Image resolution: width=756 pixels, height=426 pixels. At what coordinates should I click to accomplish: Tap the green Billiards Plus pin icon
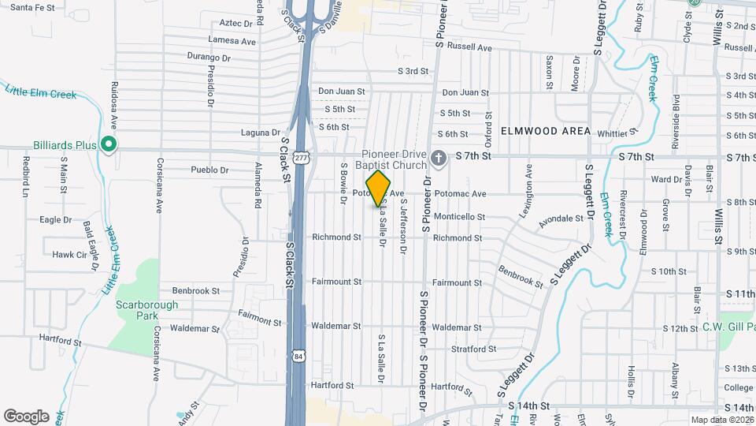[x=109, y=145]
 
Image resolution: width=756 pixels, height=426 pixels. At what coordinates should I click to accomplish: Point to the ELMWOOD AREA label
[x=544, y=131]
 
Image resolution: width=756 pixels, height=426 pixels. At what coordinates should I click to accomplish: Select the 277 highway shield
[x=301, y=158]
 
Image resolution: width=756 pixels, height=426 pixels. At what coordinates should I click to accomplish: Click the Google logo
[x=26, y=416]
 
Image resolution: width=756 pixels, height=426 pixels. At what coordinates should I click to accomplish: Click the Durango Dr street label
[x=209, y=58]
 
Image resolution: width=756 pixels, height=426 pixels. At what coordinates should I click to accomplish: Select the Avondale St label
[x=561, y=220]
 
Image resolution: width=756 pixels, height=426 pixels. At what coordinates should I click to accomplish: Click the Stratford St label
[x=473, y=349]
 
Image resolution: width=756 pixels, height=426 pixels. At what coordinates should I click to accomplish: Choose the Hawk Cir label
[x=69, y=255]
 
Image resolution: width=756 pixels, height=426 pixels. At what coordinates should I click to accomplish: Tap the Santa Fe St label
[x=32, y=7]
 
